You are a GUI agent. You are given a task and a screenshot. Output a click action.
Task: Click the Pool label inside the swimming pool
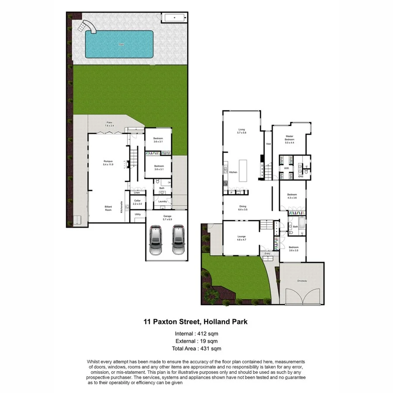pos(121,44)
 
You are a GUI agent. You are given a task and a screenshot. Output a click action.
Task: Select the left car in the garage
pos(156,240)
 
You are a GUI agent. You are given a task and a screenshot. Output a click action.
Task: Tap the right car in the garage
pos(177,240)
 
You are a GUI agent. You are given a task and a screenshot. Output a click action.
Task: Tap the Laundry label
pos(163,201)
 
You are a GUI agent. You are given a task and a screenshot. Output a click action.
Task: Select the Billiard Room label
pos(108,208)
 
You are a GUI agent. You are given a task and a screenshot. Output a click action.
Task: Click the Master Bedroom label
pos(292,138)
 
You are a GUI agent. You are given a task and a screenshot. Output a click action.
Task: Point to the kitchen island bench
pos(243,169)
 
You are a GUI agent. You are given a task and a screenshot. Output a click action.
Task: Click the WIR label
pos(286,168)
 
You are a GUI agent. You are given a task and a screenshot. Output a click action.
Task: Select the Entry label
pos(267,253)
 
